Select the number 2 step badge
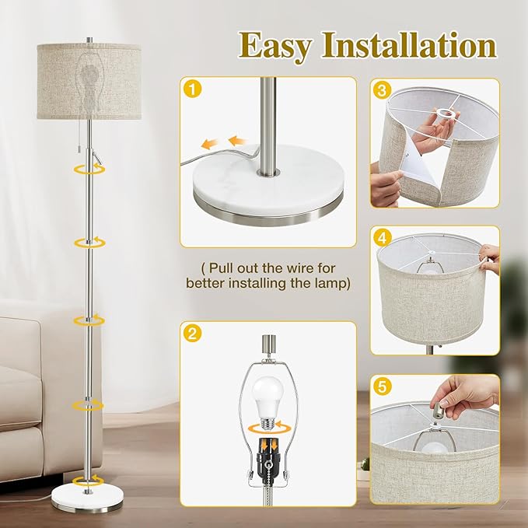tap(192, 334)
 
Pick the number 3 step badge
tap(381, 91)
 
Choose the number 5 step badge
tap(381, 386)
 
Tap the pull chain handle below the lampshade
tap(98, 159)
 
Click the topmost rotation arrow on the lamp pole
tap(88, 169)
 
